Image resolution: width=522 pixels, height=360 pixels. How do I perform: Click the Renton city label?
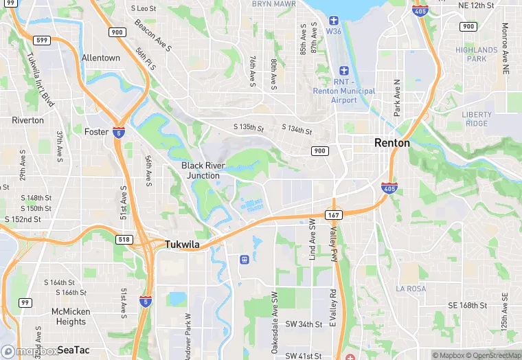coord(391,143)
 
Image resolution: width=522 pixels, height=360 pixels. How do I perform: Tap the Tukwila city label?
coord(182,244)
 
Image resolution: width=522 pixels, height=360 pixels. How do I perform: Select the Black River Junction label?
coord(201,170)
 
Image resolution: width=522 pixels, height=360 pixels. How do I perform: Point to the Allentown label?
coord(100,58)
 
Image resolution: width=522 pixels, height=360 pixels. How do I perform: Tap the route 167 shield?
coord(334,215)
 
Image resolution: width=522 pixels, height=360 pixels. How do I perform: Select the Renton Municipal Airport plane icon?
coord(344,71)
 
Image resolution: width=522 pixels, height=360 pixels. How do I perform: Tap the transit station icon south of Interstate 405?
coord(243,259)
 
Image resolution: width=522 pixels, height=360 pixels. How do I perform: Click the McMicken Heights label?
coord(71,317)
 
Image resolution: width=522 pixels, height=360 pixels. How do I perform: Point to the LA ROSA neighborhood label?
coord(412,289)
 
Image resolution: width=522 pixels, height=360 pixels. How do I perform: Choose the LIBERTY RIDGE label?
coord(477,119)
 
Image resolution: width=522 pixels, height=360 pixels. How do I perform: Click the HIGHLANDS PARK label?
coord(476,54)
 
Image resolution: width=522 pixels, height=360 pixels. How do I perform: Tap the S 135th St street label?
coord(248,127)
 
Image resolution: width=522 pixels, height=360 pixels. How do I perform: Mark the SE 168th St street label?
coord(467,305)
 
